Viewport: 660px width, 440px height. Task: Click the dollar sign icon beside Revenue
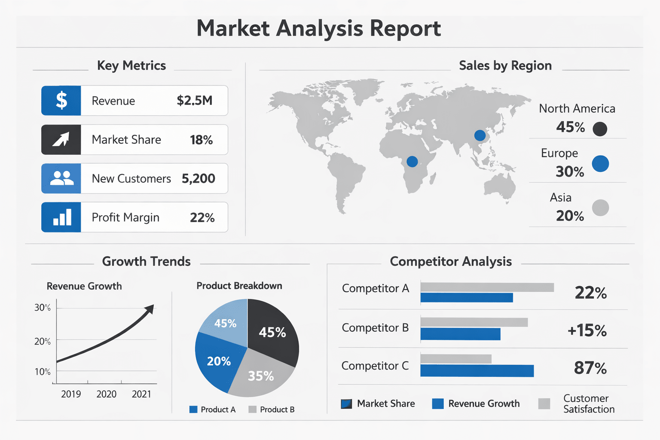61,100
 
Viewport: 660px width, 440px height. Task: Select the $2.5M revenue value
195,101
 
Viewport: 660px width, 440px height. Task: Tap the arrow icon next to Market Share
61,139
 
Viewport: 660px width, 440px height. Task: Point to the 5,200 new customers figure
198,179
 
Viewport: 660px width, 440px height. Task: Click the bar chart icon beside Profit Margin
62,217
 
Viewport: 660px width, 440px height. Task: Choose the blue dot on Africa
412,162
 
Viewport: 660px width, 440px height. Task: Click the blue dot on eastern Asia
480,135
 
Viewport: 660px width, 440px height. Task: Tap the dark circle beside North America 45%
600,129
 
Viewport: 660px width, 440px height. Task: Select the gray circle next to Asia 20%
600,208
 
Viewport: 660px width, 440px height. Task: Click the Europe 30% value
570,171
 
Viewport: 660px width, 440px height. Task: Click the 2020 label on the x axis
107,394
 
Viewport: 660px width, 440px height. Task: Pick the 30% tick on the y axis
43,307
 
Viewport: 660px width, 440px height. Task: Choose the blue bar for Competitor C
477,371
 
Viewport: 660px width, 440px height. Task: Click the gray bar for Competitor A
487,287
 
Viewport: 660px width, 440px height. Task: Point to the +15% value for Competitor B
587,330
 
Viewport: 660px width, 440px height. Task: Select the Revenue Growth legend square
438,403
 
